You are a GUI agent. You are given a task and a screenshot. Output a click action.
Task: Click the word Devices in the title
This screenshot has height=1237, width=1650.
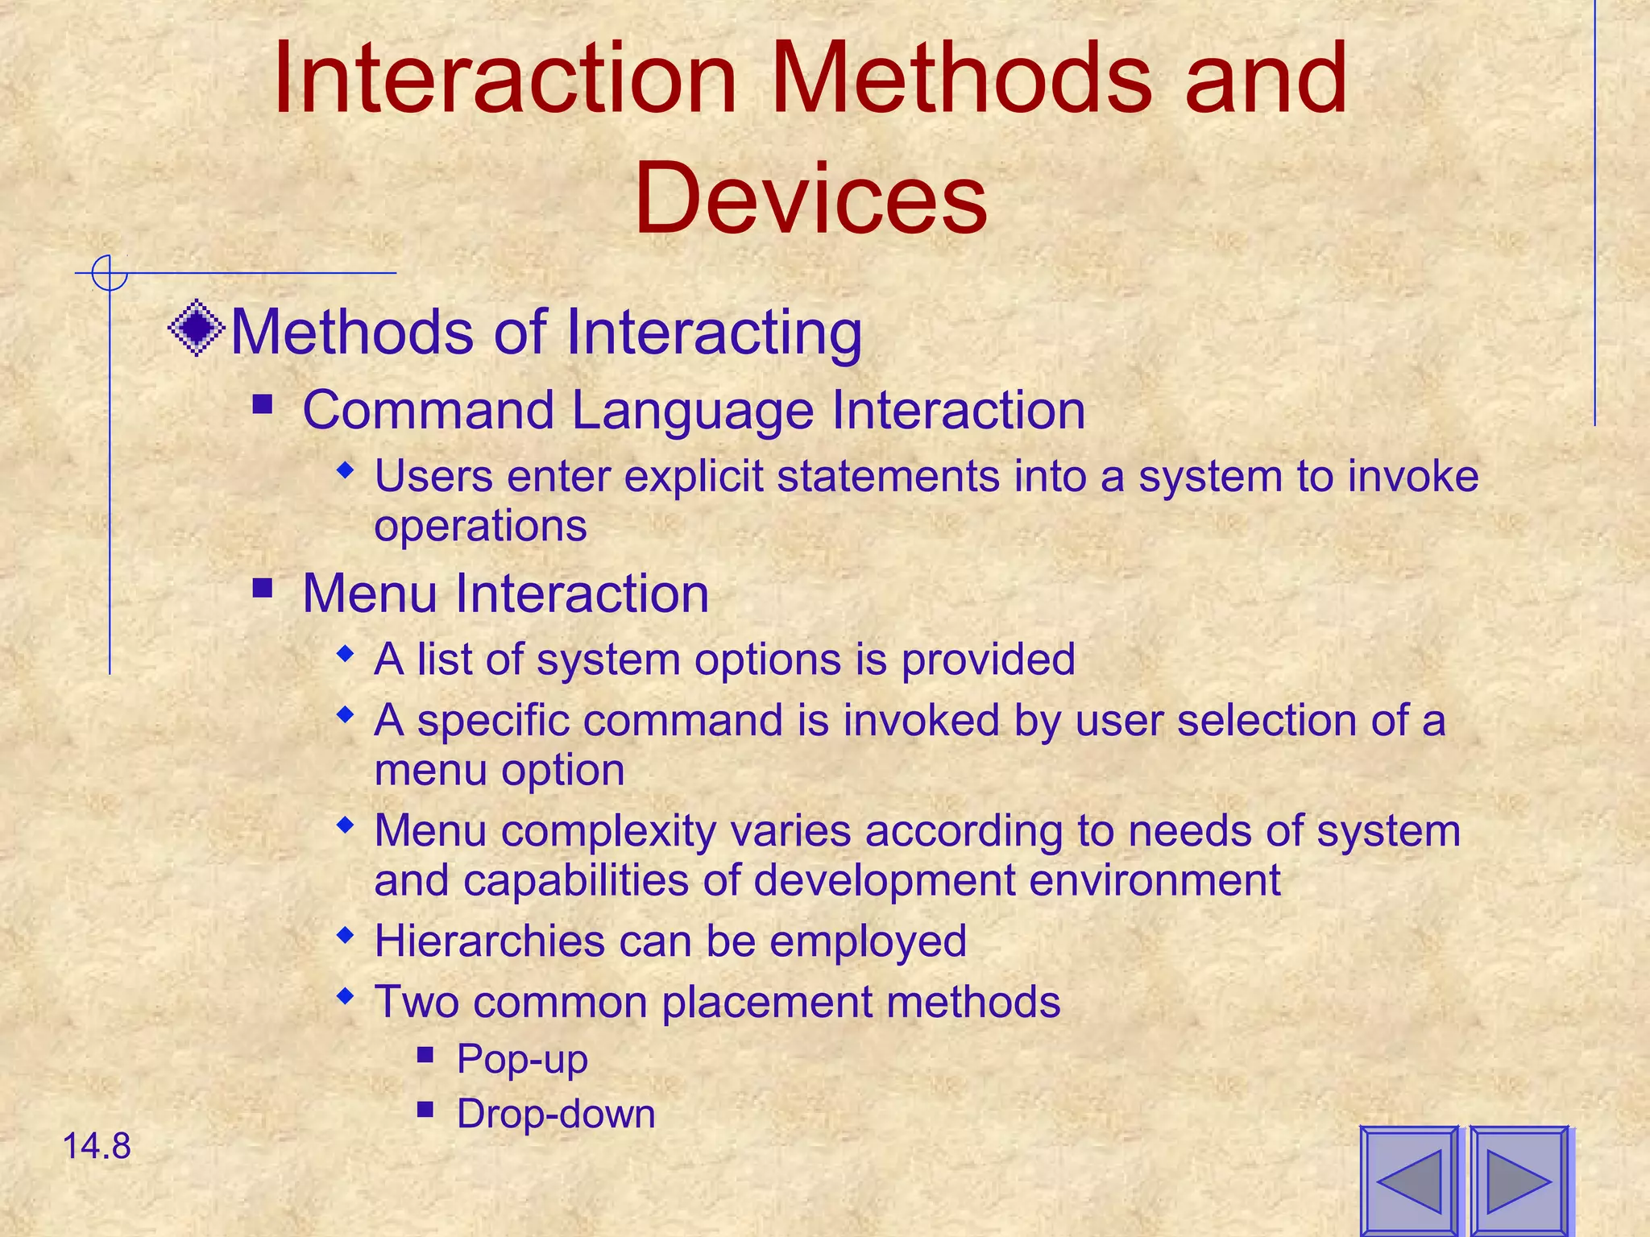pos(810,198)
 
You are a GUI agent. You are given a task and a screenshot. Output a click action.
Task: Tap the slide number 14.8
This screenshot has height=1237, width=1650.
pos(96,1146)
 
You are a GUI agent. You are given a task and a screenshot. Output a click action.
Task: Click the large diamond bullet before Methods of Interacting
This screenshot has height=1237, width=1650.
pos(196,329)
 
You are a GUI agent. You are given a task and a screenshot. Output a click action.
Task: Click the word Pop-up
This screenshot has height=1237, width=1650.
pos(522,1059)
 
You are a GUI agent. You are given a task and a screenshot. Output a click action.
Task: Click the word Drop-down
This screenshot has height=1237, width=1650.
pos(556,1115)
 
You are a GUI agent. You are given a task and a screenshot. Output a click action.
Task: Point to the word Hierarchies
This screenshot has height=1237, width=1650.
pos(490,941)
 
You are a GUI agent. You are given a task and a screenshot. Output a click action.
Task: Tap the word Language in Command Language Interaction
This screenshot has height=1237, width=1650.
pos(696,411)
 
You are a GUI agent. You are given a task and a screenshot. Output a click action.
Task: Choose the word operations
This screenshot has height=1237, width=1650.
pos(480,526)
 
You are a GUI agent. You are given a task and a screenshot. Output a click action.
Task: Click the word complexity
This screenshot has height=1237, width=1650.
pos(608,831)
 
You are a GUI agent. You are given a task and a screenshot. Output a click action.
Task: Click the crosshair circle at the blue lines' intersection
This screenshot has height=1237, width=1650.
pos(109,273)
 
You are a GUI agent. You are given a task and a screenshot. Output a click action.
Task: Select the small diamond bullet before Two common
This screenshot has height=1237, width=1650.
pos(346,996)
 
